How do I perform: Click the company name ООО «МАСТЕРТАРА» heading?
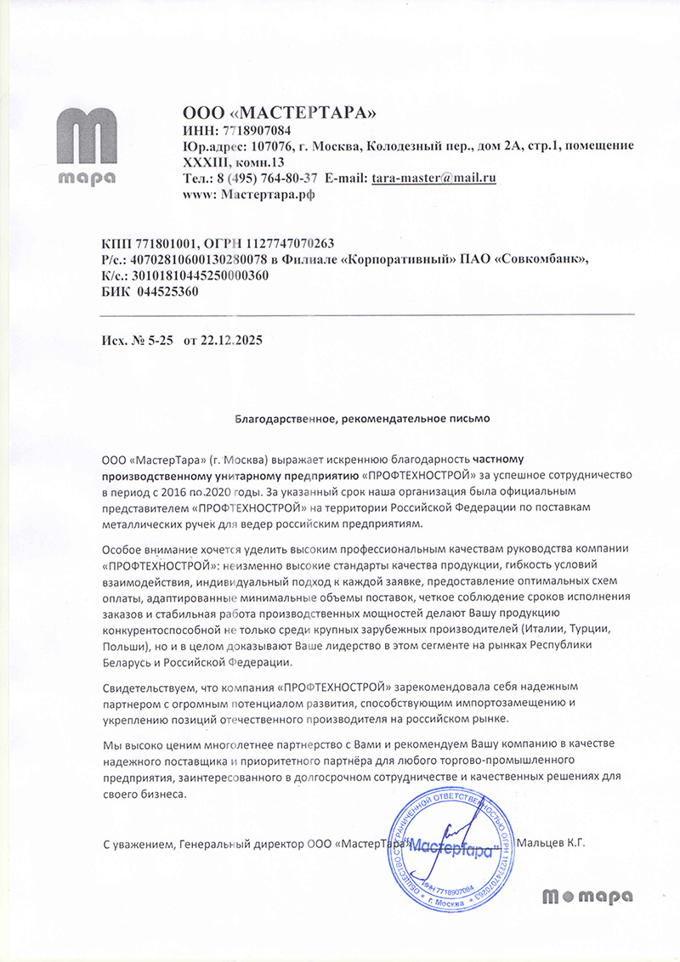[279, 113]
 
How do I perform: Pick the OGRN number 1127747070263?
[293, 243]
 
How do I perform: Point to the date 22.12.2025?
[231, 340]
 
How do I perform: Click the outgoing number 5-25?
[160, 340]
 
